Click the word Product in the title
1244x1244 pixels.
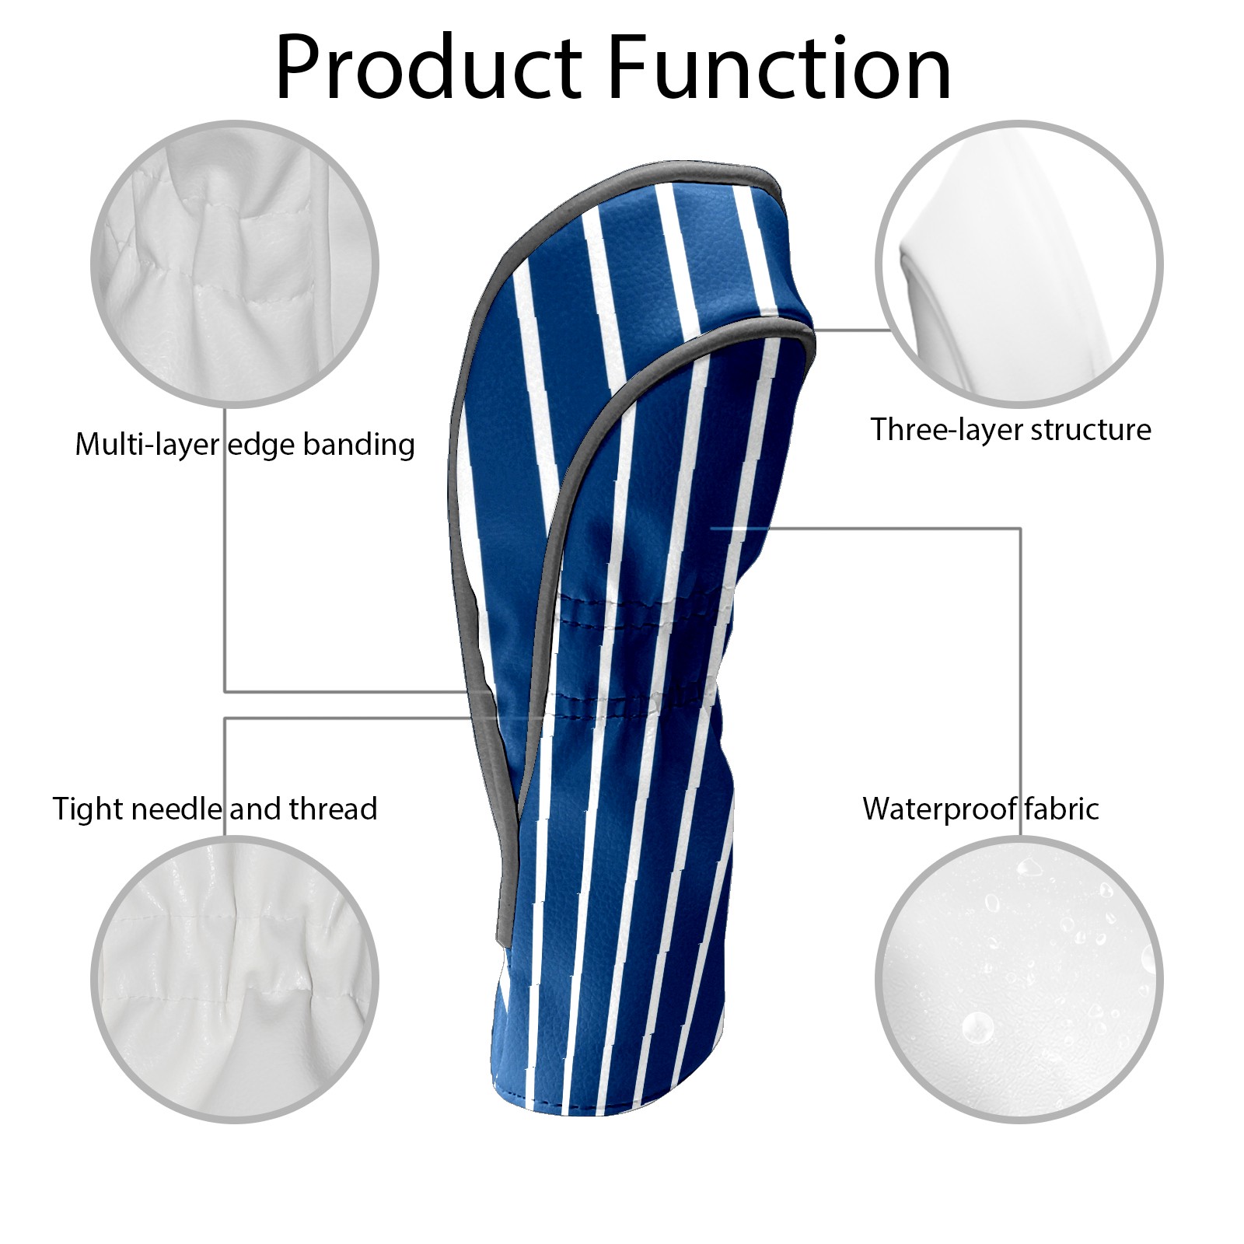428,68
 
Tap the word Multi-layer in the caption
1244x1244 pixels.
147,445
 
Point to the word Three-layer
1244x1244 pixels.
935,430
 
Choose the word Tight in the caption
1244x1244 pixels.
87,809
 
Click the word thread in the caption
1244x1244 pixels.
334,809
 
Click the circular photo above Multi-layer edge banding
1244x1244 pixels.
235,264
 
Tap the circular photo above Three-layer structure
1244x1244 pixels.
1019,264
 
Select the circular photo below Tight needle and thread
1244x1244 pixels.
235,980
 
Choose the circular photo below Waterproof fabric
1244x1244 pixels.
1019,980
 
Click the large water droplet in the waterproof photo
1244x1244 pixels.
977,1028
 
